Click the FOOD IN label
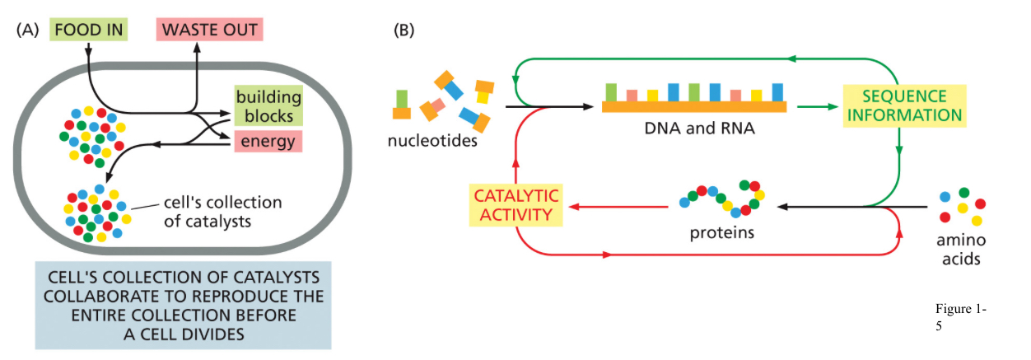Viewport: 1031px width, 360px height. pos(88,30)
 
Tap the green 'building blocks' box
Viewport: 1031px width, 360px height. pos(268,106)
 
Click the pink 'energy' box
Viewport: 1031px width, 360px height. pos(268,142)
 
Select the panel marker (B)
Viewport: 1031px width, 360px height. pos(404,30)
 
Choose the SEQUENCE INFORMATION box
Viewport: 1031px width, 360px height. pos(903,105)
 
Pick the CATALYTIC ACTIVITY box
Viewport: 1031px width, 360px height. pos(515,205)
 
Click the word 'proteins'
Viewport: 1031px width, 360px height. pos(722,232)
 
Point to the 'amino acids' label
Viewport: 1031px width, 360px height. pos(961,250)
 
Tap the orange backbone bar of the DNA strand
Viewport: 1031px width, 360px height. pos(694,106)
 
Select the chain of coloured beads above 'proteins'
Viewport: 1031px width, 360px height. pos(722,197)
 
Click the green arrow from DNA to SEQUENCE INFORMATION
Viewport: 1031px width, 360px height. pos(815,106)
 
